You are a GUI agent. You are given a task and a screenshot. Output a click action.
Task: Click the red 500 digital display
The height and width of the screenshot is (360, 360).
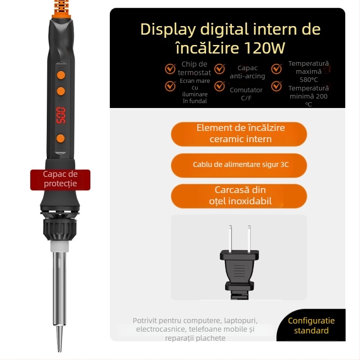click(61, 115)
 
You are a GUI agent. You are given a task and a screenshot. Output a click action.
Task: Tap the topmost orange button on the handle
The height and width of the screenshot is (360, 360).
click(61, 75)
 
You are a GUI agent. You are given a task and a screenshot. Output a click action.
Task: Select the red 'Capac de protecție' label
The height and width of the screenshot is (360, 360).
click(60, 180)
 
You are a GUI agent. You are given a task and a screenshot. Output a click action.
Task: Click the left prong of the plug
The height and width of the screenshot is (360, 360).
click(230, 238)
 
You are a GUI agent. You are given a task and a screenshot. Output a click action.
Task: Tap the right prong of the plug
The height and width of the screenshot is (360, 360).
click(249, 238)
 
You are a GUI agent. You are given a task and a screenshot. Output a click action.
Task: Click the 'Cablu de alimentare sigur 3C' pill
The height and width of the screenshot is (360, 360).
click(239, 165)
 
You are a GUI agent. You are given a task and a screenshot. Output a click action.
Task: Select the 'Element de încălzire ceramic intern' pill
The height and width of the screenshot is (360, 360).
click(239, 134)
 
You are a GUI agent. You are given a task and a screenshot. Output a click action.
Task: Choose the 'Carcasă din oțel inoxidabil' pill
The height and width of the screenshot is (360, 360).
click(239, 196)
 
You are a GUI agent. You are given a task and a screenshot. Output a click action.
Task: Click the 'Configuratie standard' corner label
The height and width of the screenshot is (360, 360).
click(311, 325)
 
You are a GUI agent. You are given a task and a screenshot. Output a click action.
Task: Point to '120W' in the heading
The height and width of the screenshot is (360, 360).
click(265, 48)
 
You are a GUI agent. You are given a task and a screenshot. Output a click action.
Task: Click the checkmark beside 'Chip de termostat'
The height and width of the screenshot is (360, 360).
click(170, 69)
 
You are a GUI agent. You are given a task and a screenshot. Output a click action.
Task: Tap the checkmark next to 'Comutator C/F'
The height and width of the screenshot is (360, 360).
click(220, 86)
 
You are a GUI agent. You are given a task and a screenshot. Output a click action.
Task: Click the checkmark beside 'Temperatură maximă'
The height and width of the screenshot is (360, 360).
click(277, 69)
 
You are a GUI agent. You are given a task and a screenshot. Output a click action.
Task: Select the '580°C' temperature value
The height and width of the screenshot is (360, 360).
click(309, 80)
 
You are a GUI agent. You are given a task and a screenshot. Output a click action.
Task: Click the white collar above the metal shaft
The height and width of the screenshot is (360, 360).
click(60, 246)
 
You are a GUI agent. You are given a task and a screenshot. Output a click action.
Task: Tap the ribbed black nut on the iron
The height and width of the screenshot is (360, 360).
click(60, 229)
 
